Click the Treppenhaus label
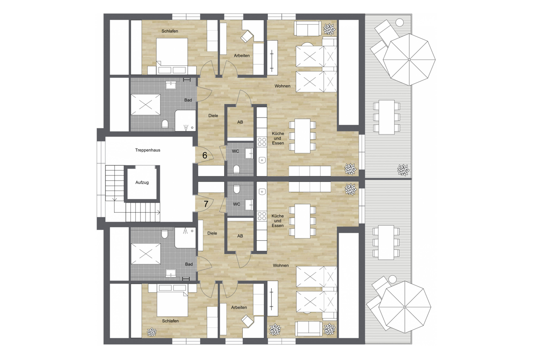(148, 150)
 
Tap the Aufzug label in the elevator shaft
(142, 182)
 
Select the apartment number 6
(205, 155)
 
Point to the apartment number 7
(206, 204)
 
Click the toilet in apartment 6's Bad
(165, 124)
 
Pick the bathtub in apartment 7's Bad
(146, 254)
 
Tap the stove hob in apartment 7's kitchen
(262, 216)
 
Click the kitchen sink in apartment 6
(262, 160)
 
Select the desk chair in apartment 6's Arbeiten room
(247, 36)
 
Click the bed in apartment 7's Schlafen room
(172, 300)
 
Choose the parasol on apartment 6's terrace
(409, 59)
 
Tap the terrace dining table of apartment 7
(386, 242)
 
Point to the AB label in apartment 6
(240, 122)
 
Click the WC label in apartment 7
(236, 204)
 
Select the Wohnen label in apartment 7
(281, 265)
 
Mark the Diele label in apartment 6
(213, 116)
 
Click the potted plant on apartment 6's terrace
(403, 170)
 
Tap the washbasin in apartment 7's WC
(249, 205)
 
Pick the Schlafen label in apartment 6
(170, 31)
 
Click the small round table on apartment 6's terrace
(400, 22)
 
